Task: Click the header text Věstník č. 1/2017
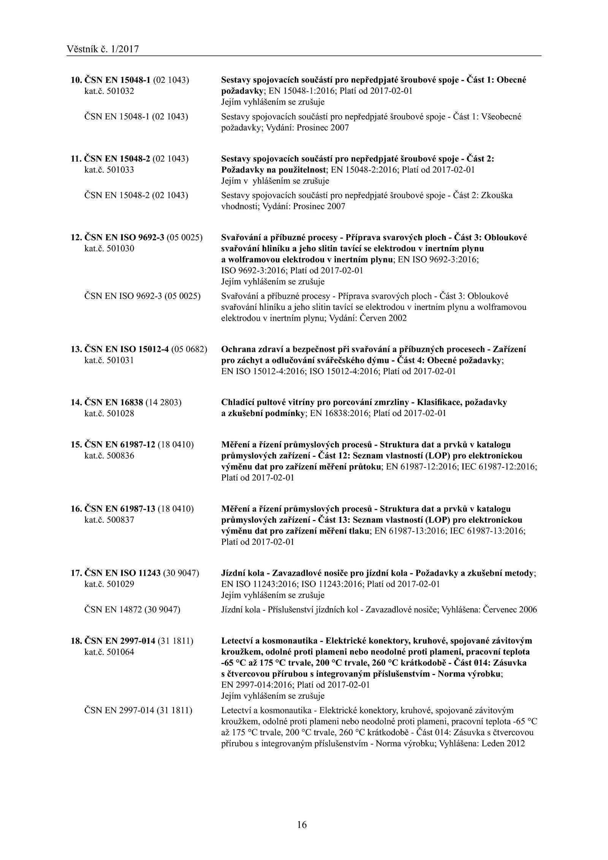coord(103,49)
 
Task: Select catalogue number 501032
coord(109,91)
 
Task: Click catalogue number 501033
coord(109,170)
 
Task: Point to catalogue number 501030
coord(109,249)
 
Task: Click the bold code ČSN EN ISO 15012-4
coord(126,349)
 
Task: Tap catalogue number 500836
coord(109,455)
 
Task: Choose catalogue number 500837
coord(109,519)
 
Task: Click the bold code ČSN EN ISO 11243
coord(122,573)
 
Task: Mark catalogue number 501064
coord(109,652)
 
